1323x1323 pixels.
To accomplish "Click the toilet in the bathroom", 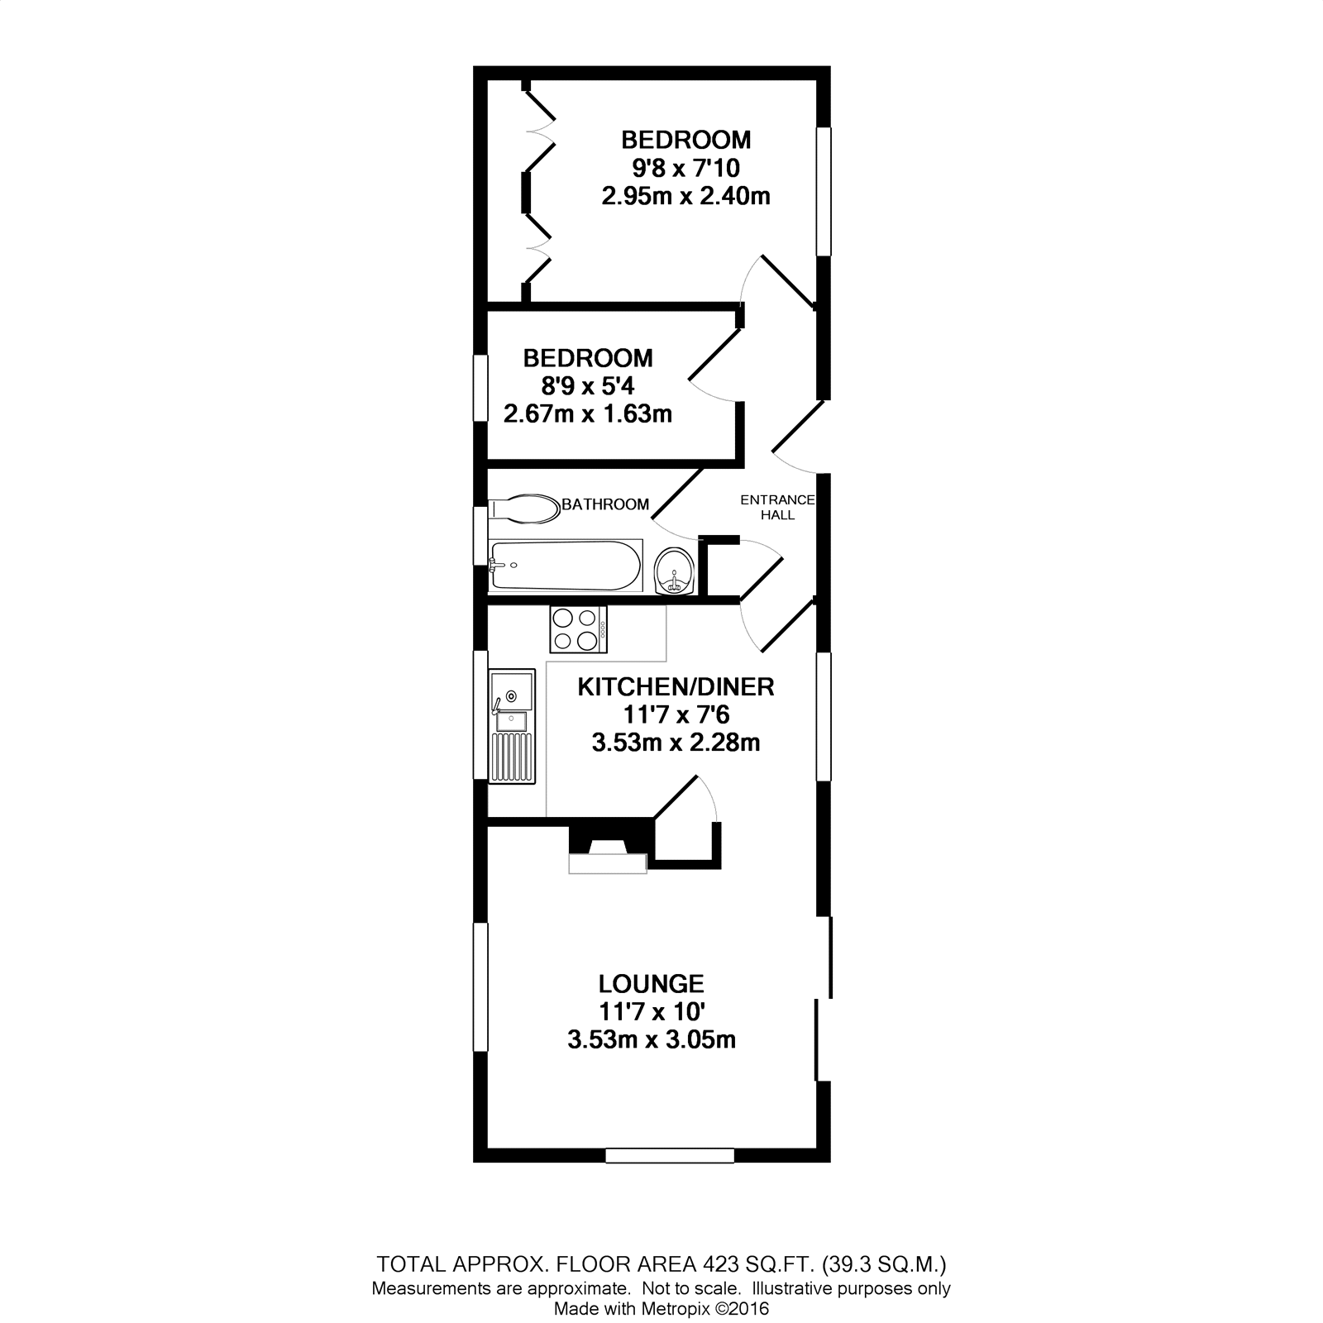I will tap(524, 509).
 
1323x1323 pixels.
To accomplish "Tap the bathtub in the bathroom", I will tap(565, 566).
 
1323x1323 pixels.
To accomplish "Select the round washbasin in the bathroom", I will tap(675, 571).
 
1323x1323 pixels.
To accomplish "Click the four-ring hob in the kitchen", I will tap(577, 629).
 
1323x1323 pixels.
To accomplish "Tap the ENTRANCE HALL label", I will tap(777, 508).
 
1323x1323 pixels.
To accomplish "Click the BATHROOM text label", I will tap(605, 504).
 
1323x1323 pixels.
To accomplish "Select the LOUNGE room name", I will tap(652, 984).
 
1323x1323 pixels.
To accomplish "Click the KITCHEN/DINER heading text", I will tap(676, 687).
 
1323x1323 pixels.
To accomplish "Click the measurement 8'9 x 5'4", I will tap(588, 386).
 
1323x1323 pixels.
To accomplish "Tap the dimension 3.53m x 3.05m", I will tap(652, 1039).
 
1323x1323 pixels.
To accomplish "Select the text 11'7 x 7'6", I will tap(676, 714).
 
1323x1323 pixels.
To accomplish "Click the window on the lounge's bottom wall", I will tap(670, 1155).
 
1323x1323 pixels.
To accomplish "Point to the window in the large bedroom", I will tap(824, 191).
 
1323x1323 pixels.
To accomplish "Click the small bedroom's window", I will tap(480, 388).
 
